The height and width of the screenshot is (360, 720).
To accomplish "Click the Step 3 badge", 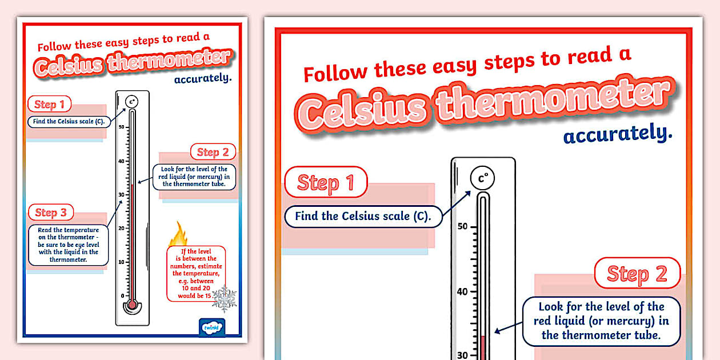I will (x=50, y=213).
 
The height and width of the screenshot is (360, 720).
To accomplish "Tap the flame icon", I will (x=178, y=234).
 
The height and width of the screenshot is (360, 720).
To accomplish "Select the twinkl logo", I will (x=211, y=327).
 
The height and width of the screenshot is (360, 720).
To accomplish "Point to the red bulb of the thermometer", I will (x=132, y=305).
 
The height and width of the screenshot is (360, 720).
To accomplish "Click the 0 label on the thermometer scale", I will (x=122, y=295).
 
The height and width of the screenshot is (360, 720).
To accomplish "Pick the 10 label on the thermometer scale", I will (x=121, y=262).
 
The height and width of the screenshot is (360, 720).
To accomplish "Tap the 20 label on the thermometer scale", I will (x=121, y=228).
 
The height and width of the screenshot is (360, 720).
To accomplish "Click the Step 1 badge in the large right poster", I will (x=326, y=183).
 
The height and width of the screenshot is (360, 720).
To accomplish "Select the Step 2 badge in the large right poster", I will (x=637, y=273).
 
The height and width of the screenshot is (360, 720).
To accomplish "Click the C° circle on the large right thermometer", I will (x=483, y=179).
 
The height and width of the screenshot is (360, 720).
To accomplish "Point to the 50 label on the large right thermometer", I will (x=462, y=226).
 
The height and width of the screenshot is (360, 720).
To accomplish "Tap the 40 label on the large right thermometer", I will (x=462, y=291).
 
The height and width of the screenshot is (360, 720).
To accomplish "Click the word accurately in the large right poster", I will (x=617, y=135).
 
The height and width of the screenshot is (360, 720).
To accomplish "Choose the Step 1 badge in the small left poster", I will (x=50, y=104).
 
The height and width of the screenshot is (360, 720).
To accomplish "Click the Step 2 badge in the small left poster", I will (x=213, y=151).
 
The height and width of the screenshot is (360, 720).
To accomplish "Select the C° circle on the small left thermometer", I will (x=132, y=102).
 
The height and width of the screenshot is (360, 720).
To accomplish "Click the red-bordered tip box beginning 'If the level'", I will (x=195, y=273).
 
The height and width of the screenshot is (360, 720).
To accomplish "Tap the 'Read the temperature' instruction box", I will (x=68, y=245).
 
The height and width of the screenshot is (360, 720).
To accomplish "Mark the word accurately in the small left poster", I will (x=203, y=78).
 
